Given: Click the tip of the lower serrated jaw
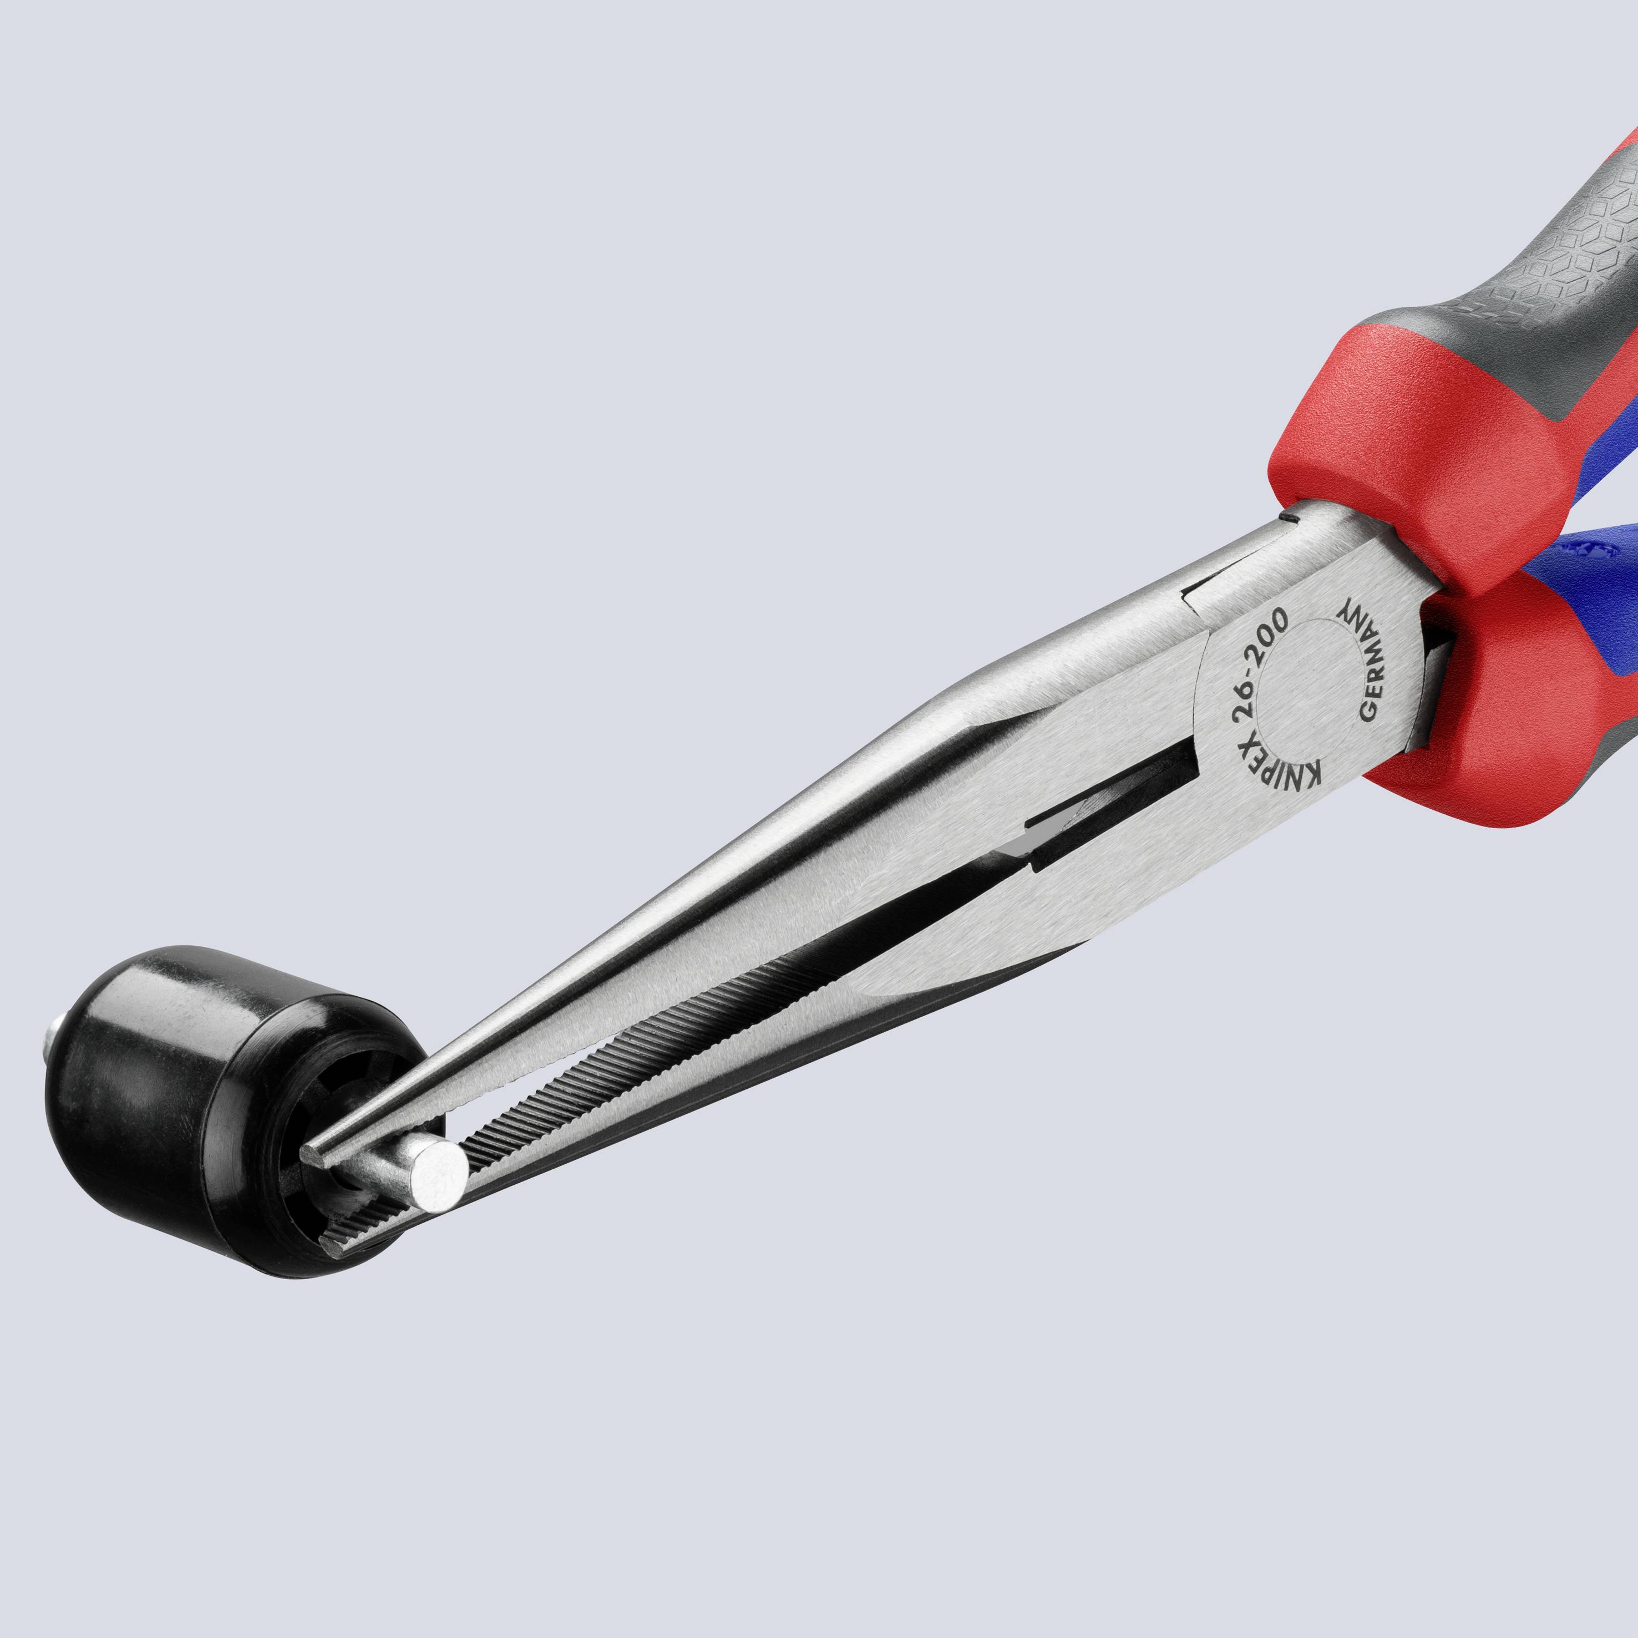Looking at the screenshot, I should point(331,1246).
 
